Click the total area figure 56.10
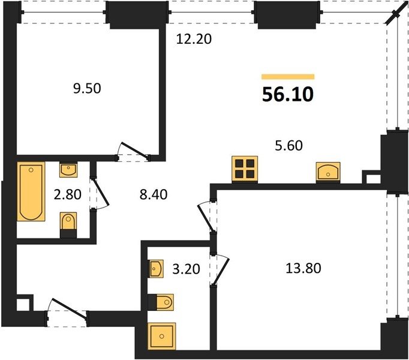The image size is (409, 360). (288, 94)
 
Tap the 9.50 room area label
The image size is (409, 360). (87, 88)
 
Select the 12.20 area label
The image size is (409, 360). (194, 39)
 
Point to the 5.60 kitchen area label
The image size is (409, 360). (288, 146)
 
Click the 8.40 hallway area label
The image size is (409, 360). (154, 194)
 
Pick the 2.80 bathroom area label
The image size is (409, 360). (68, 194)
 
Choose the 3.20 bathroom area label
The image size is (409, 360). (187, 269)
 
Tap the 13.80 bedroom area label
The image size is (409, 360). (303, 268)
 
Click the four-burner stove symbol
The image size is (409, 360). (245, 169)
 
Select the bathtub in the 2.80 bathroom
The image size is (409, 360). (31, 191)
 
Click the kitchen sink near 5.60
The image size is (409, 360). (328, 171)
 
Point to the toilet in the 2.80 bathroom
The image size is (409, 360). (68, 225)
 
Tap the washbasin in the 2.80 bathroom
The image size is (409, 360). (68, 170)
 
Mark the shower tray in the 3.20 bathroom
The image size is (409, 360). (162, 336)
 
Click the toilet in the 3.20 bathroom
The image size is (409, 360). (161, 302)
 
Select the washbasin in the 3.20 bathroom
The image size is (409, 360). (156, 269)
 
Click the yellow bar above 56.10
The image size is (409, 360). (288, 76)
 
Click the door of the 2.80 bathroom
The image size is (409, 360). (100, 193)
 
